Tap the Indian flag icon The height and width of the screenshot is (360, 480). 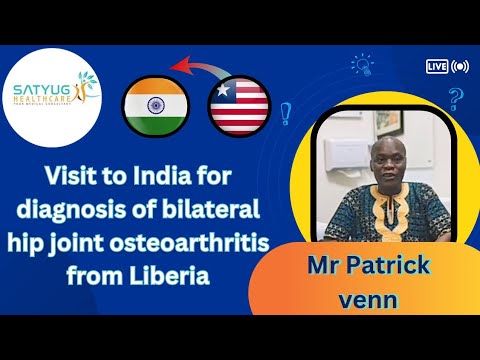point(155,105)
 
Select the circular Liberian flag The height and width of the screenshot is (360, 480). point(240,106)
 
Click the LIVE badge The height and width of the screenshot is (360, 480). point(436,66)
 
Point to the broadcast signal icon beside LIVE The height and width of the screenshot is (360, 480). point(460,66)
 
